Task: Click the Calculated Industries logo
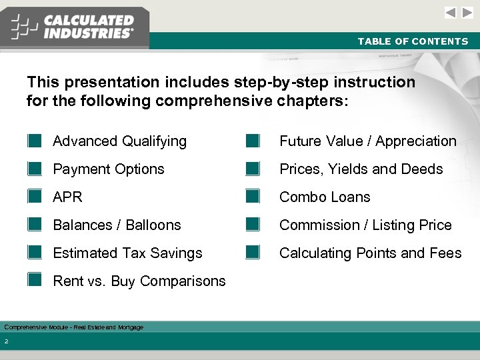73,27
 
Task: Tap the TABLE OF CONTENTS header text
413,41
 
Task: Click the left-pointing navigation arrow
451,13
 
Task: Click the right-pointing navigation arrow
468,13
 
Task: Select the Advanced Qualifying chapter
119,141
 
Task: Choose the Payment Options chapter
108,169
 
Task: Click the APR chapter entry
67,197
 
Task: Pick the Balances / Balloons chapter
117,225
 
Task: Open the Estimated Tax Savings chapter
127,253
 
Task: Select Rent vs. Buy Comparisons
139,281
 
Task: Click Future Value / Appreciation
367,141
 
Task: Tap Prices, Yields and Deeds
361,169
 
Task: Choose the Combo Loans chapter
325,197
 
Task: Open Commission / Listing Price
365,225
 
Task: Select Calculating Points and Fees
370,253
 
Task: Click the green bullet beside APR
35,197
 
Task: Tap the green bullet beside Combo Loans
252,197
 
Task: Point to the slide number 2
6,342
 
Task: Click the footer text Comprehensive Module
73,327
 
